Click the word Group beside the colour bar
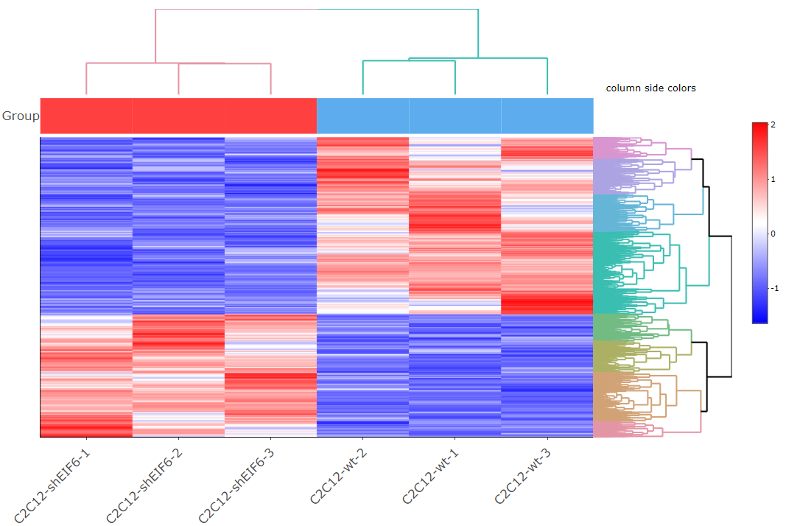20,116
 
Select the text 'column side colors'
650,88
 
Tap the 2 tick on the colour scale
771,125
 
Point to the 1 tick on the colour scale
771,179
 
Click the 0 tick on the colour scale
771,234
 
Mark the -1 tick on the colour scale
773,288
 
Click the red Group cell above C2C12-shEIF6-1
86,116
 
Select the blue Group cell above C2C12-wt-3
547,116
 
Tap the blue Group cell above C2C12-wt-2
362,116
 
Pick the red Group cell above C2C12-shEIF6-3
270,116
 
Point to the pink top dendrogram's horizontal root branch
236,10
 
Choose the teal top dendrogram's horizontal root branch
398,10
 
